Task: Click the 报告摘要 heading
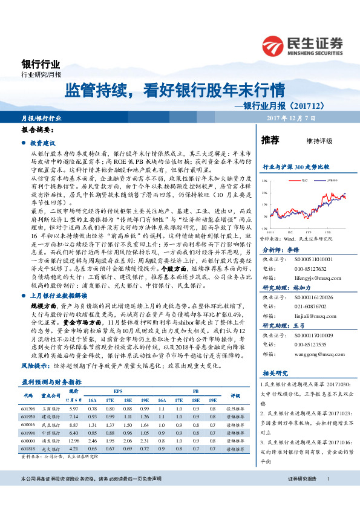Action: tap(38, 129)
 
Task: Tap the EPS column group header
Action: tap(118, 392)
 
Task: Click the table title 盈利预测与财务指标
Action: tap(51, 382)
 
